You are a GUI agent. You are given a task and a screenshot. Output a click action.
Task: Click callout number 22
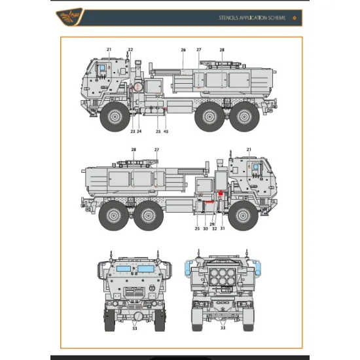click(x=130, y=50)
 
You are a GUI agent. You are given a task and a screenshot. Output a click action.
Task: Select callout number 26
click(x=183, y=50)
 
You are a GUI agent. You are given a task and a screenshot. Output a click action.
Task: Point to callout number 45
click(x=166, y=132)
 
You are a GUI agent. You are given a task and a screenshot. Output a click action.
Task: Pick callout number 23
click(x=132, y=132)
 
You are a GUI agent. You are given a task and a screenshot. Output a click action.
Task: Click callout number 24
click(x=139, y=132)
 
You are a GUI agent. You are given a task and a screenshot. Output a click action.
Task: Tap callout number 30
click(x=205, y=228)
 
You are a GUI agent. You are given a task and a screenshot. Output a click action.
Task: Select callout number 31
click(x=223, y=228)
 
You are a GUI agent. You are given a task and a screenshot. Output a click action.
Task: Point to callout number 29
click(x=211, y=224)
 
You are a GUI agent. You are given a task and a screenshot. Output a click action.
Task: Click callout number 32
click(x=214, y=228)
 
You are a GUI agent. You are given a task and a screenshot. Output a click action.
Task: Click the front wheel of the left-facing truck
click(x=115, y=117)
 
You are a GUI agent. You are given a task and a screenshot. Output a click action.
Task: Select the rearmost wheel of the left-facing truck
click(x=245, y=117)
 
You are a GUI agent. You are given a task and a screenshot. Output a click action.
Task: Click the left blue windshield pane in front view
click(x=124, y=268)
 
